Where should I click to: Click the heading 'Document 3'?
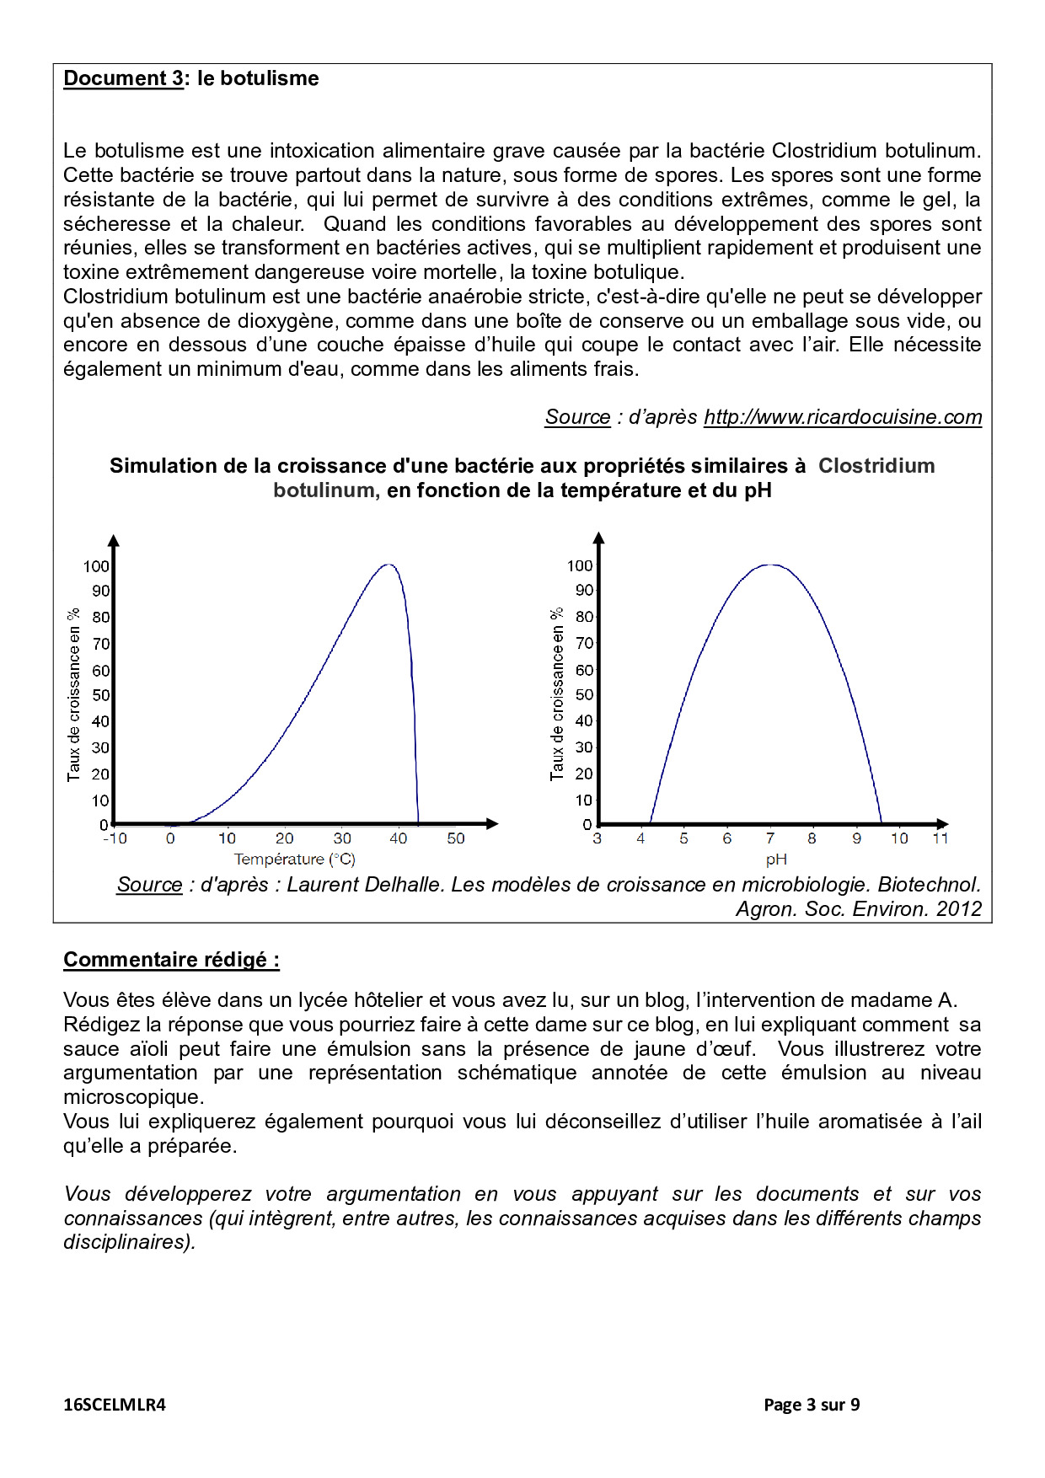pos(123,78)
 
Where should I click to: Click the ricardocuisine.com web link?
pos(843,417)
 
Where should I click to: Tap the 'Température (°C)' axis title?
pos(295,859)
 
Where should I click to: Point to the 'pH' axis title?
pos(776,859)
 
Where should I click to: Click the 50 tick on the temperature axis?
pos(456,838)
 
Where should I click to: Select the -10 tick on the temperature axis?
pos(115,838)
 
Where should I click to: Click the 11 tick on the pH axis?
pos(940,838)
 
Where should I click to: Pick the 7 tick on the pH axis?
pos(769,838)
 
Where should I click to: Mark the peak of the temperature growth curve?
pos(388,565)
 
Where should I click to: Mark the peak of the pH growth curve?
pos(771,565)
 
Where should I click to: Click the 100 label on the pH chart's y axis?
pos(580,566)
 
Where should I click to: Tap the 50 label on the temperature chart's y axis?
pos(101,695)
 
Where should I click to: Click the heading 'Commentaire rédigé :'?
pos(171,960)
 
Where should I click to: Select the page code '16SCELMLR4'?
pos(115,1405)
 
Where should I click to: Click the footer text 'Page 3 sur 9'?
pos(812,1405)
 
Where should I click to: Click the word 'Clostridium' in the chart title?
pos(876,466)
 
